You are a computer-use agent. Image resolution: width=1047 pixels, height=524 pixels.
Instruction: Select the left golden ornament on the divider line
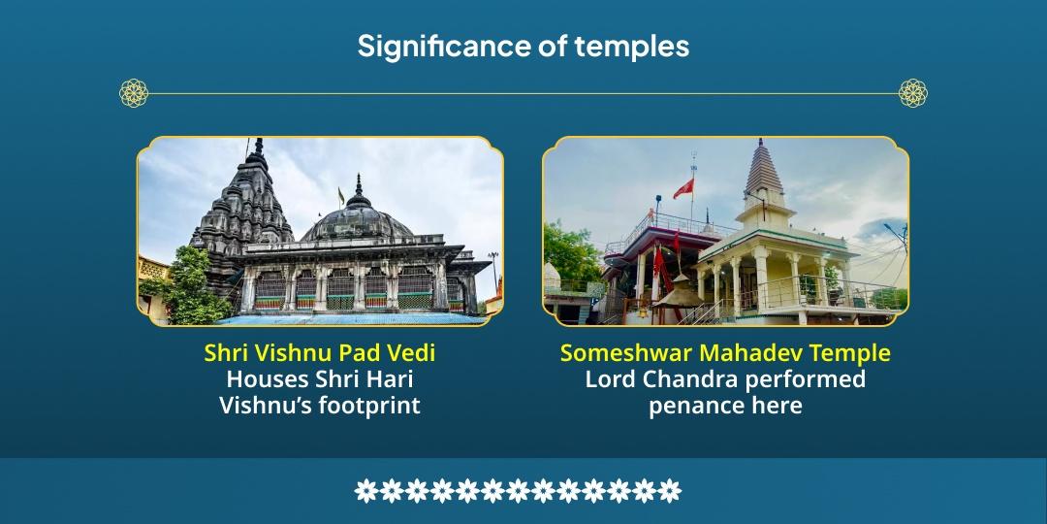click(134, 93)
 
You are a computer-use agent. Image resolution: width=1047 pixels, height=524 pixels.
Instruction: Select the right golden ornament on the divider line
click(913, 93)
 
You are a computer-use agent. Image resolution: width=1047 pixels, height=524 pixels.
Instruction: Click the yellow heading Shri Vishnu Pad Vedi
click(320, 353)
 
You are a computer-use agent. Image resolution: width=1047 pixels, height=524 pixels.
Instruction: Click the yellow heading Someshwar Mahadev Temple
click(725, 353)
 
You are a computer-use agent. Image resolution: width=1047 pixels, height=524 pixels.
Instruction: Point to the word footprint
click(369, 406)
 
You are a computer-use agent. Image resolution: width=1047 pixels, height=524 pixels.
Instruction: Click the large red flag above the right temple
click(683, 188)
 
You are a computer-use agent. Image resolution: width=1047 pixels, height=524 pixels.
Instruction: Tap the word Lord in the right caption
click(610, 379)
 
